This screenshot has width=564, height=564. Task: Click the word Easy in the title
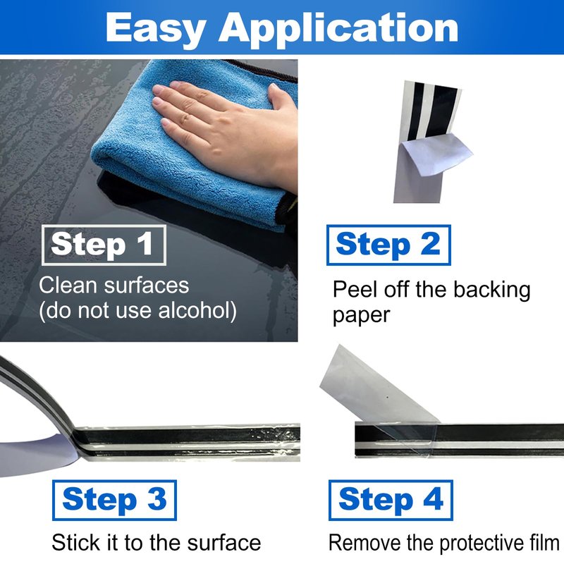coord(156,29)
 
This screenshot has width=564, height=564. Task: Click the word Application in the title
coord(338,29)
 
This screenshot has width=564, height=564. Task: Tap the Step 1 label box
coord(104,245)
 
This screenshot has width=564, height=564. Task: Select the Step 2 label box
coord(388,245)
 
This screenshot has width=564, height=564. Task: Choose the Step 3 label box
coord(114,500)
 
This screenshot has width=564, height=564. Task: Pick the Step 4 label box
coord(391,500)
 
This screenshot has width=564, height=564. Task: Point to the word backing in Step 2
coord(491,290)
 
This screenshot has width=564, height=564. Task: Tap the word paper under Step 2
coord(361,316)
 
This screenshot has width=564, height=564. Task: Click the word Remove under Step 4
coord(364,542)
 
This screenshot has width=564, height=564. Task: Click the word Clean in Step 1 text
coord(68,286)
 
